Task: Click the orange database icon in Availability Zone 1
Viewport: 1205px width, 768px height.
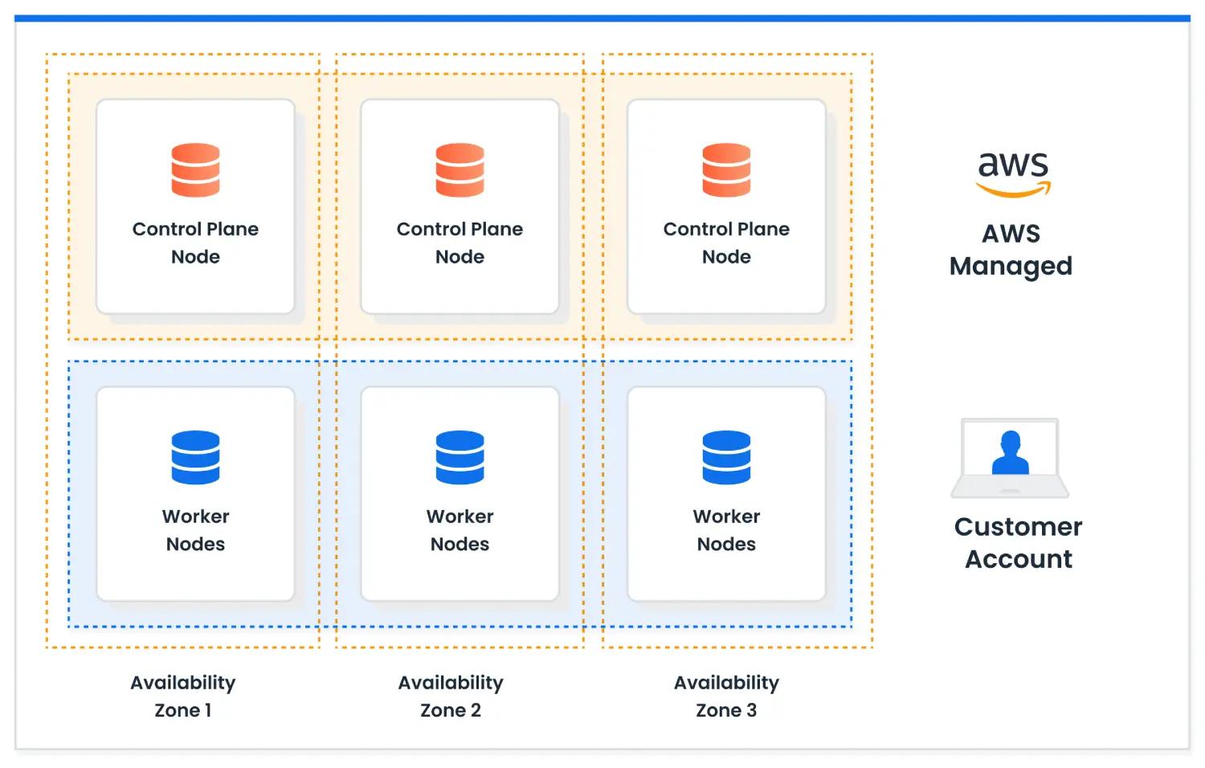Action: [195, 170]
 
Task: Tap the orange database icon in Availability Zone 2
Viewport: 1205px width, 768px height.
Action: [460, 170]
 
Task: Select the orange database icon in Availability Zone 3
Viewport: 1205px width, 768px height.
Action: [726, 170]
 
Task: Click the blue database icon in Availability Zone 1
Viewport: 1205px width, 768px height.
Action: [195, 457]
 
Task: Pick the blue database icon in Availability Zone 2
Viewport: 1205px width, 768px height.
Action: [460, 457]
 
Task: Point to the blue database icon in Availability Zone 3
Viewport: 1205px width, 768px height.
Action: [726, 457]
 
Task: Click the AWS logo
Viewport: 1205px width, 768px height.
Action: [1014, 174]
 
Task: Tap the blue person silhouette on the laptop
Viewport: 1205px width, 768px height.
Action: [1011, 453]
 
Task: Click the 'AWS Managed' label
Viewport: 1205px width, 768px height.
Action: [1011, 250]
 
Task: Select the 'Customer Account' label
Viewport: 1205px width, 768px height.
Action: [1019, 542]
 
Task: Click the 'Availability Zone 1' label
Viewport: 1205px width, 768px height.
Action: [183, 696]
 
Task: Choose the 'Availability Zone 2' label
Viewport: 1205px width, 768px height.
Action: [451, 696]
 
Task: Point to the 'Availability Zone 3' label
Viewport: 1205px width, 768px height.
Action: [726, 696]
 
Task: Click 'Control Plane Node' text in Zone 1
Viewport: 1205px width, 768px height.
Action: [195, 243]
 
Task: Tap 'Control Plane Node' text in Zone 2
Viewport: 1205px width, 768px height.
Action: [460, 243]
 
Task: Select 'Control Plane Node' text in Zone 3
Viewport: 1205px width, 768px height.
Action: [726, 243]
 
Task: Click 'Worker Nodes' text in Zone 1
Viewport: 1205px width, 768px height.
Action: [195, 529]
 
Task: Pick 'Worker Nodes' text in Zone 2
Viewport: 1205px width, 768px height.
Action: [460, 529]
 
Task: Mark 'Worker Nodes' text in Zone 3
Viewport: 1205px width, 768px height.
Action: [726, 529]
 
